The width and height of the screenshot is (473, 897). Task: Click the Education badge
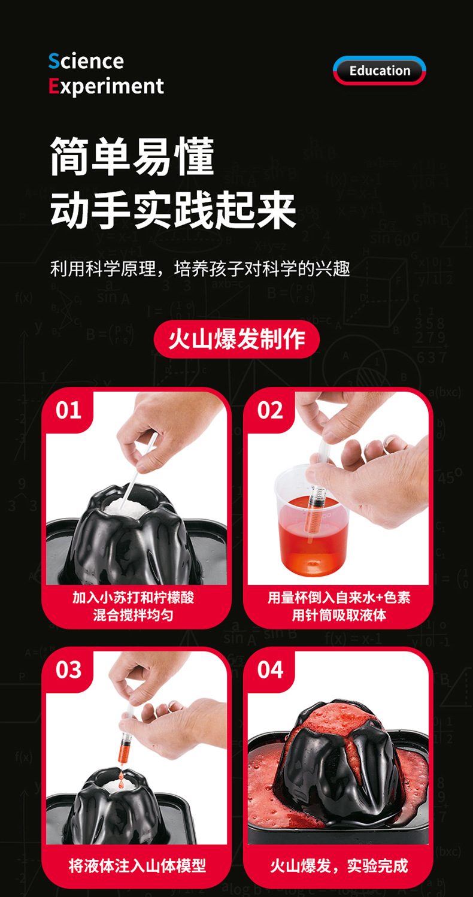[x=379, y=71]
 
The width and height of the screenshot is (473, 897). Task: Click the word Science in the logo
[x=86, y=61]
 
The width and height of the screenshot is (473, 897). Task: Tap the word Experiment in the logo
[x=106, y=86]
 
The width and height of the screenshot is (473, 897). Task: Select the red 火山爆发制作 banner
[x=236, y=339]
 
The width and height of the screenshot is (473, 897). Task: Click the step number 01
[x=68, y=410]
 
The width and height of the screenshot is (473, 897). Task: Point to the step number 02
[x=270, y=410]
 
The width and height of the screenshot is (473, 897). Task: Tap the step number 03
[x=68, y=669]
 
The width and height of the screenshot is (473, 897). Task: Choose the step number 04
[x=270, y=669]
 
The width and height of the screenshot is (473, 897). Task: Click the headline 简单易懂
[x=132, y=156]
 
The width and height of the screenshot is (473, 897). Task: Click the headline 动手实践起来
[x=173, y=210]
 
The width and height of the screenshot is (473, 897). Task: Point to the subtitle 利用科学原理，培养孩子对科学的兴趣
[x=200, y=269]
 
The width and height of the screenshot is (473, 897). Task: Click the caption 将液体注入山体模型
[x=137, y=866]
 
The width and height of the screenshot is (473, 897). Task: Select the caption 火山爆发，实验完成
[x=339, y=866]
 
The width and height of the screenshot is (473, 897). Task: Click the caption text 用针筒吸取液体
[x=339, y=615]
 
